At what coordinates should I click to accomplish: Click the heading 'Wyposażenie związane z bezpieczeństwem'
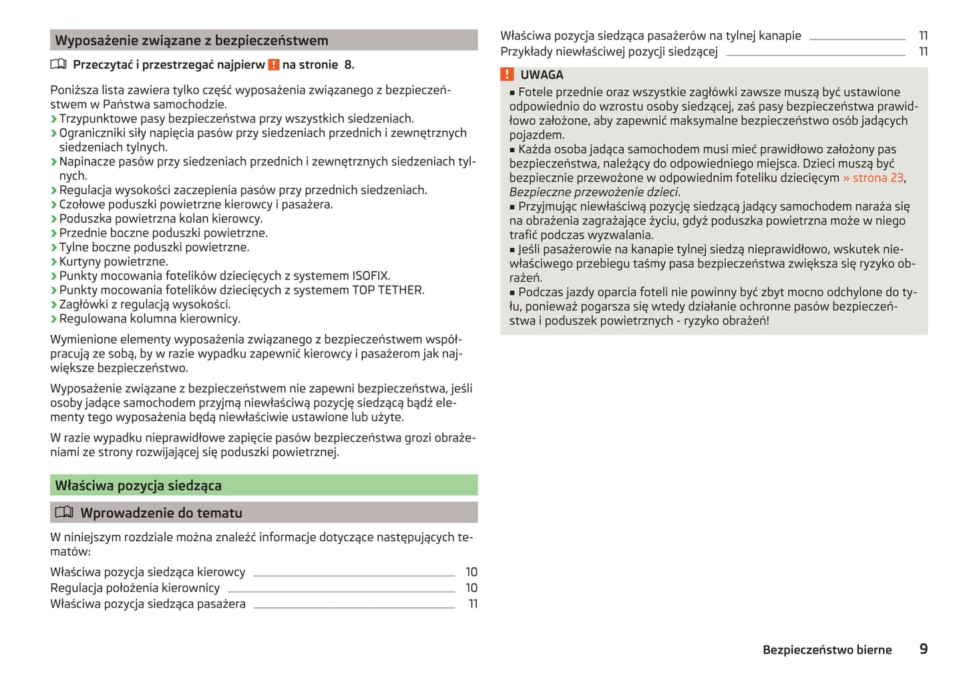pos(192,41)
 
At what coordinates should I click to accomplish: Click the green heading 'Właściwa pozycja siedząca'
pos(138,486)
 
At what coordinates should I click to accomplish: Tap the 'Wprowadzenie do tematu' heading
pos(161,513)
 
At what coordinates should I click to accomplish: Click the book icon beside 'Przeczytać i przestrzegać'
pos(59,65)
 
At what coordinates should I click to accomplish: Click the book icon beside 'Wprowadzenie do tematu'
pos(64,513)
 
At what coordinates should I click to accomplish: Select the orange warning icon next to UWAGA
pos(508,75)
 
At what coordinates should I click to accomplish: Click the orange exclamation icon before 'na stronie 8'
pos(274,65)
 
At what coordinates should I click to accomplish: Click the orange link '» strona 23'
pos(874,178)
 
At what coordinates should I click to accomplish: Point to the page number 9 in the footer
pos(923,649)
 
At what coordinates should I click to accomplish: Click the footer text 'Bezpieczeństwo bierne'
pos(827,650)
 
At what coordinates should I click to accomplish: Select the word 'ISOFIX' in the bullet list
pos(370,276)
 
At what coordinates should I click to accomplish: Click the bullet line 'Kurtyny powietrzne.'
pos(114,262)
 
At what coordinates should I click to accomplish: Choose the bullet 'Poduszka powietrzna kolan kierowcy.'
pos(161,219)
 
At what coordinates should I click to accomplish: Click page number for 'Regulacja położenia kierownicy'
pos(471,588)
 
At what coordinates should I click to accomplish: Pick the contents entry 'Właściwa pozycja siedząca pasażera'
pos(148,604)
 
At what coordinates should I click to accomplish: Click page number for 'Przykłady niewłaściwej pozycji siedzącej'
pos(923,51)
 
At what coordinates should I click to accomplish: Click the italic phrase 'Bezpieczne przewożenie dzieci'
pos(594,192)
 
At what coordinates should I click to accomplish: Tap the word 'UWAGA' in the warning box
pos(542,75)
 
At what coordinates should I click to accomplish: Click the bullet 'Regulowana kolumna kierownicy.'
pos(150,319)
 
